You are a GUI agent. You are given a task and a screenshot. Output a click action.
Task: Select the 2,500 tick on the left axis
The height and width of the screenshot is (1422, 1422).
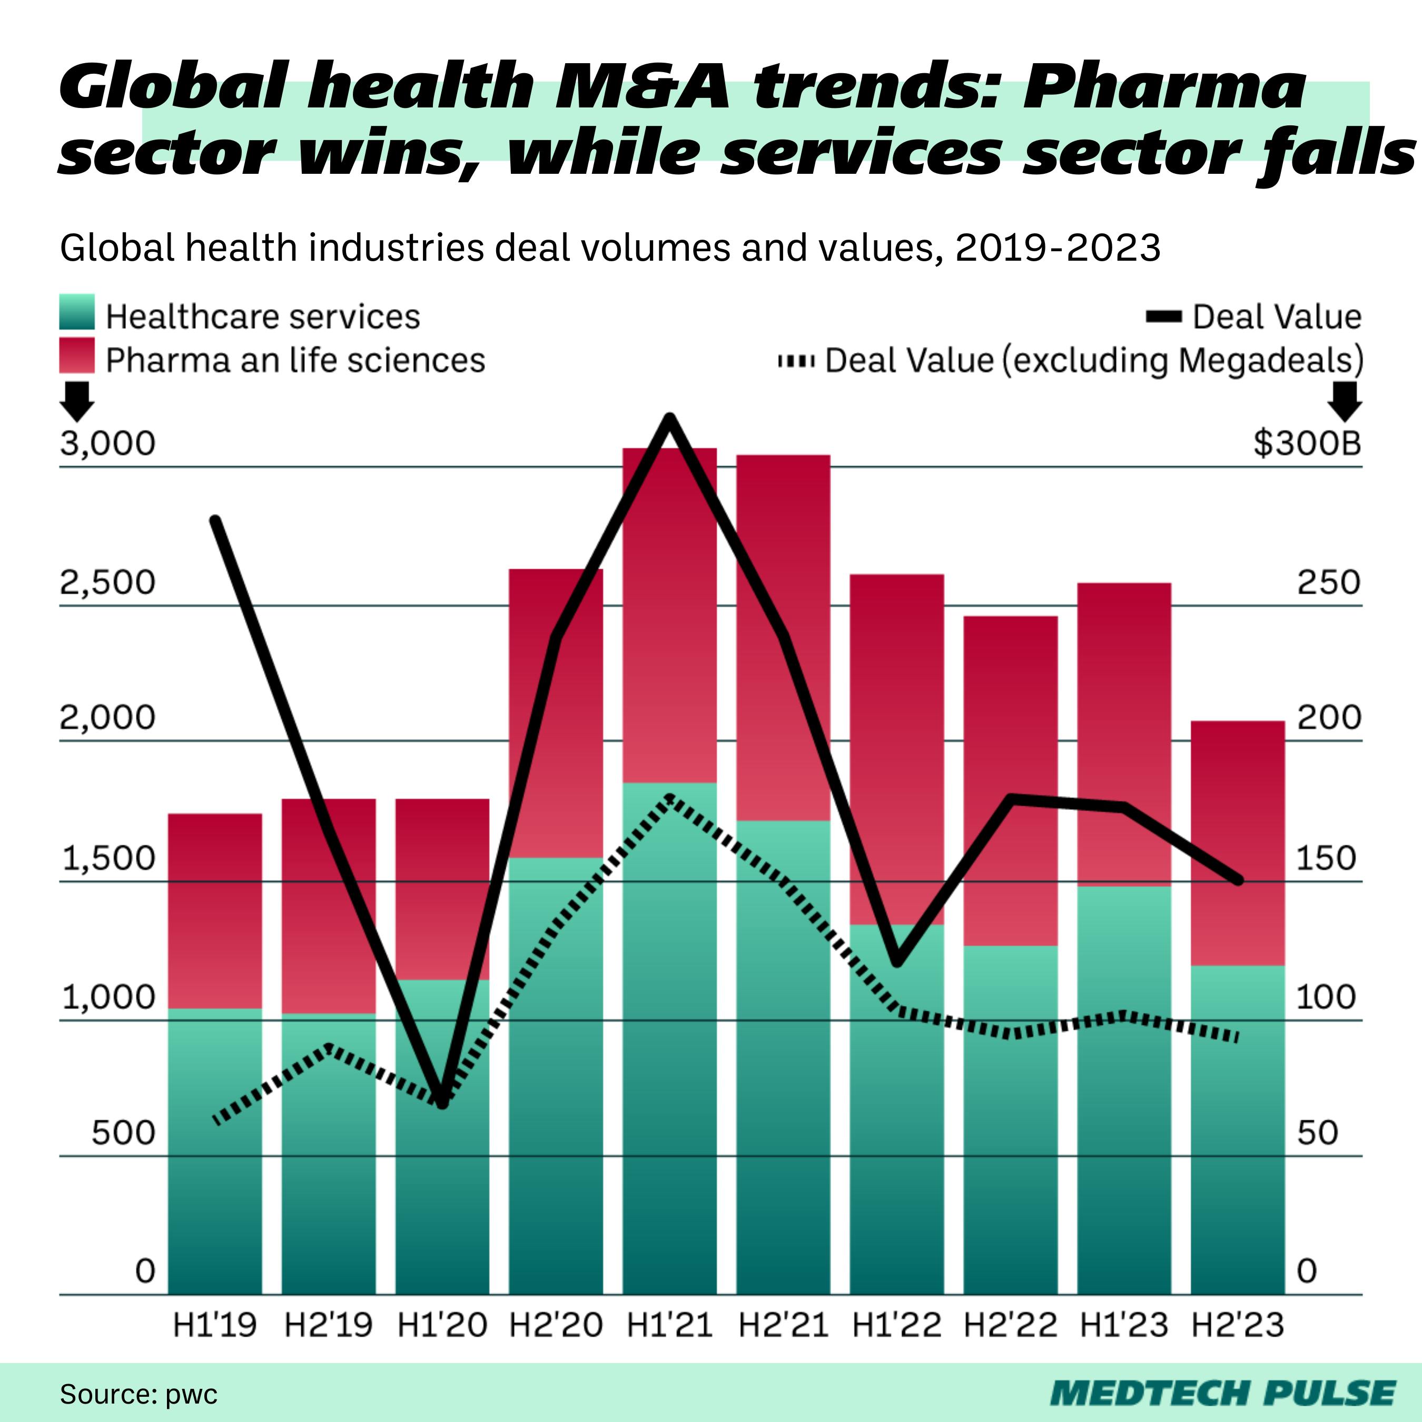point(107,583)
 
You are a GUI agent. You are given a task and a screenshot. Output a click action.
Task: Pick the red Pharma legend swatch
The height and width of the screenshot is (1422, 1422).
point(76,355)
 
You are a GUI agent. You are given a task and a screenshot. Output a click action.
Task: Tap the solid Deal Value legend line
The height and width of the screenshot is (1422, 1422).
point(1163,317)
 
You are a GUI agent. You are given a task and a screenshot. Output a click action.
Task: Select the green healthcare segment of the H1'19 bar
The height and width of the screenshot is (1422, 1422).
point(215,1148)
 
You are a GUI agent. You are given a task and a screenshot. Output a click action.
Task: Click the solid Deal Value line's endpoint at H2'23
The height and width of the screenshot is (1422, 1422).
point(1239,880)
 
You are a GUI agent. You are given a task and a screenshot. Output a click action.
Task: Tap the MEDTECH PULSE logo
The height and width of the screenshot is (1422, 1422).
point(1222,1393)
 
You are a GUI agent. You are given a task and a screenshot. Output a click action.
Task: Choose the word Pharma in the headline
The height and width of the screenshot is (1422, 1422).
point(1163,87)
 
